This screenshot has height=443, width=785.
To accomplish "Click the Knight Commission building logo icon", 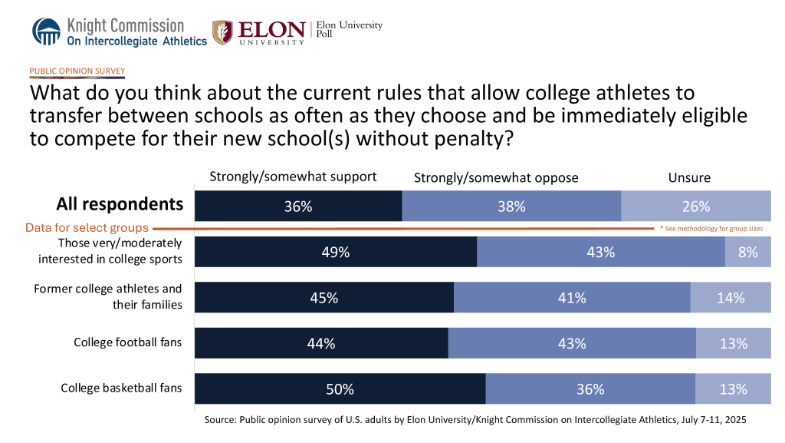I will [48, 31].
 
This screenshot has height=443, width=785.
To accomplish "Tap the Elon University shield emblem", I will [222, 32].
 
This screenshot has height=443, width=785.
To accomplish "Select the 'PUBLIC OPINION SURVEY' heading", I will [77, 71].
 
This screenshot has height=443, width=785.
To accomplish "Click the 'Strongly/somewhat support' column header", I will [293, 177].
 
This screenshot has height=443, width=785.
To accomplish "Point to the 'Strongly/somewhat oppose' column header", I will [496, 178].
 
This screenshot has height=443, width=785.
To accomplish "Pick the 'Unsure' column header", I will [689, 178].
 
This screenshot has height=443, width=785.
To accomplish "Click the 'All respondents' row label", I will [120, 204].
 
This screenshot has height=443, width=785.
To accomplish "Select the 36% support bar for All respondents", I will [298, 206].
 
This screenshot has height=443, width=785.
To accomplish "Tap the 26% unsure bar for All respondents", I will [695, 206].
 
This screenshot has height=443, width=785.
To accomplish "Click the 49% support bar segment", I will [336, 252].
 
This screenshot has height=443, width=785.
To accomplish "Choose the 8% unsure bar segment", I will [747, 252].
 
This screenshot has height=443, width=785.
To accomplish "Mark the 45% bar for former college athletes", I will [324, 298].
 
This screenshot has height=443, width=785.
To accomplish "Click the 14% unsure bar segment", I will [731, 298].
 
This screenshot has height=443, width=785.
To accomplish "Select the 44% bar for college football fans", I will [321, 343].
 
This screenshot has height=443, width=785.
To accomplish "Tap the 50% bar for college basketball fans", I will [340, 388].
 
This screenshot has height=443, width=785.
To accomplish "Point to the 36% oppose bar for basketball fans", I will [590, 388].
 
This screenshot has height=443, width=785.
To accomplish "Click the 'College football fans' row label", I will [127, 342].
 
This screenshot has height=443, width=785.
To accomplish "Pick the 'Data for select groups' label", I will [87, 228].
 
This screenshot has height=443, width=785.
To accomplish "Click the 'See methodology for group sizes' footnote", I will [711, 229].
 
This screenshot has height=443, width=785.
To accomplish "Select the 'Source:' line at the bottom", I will [475, 420].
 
